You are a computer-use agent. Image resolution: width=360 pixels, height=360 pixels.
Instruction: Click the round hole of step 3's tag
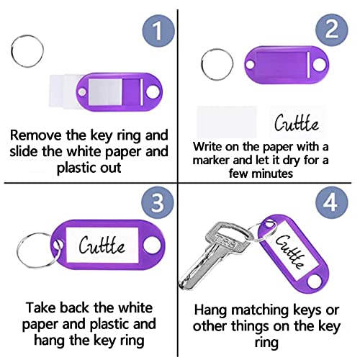(x=150, y=246)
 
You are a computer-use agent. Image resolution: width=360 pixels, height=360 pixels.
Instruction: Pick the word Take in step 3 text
(x=37, y=305)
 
